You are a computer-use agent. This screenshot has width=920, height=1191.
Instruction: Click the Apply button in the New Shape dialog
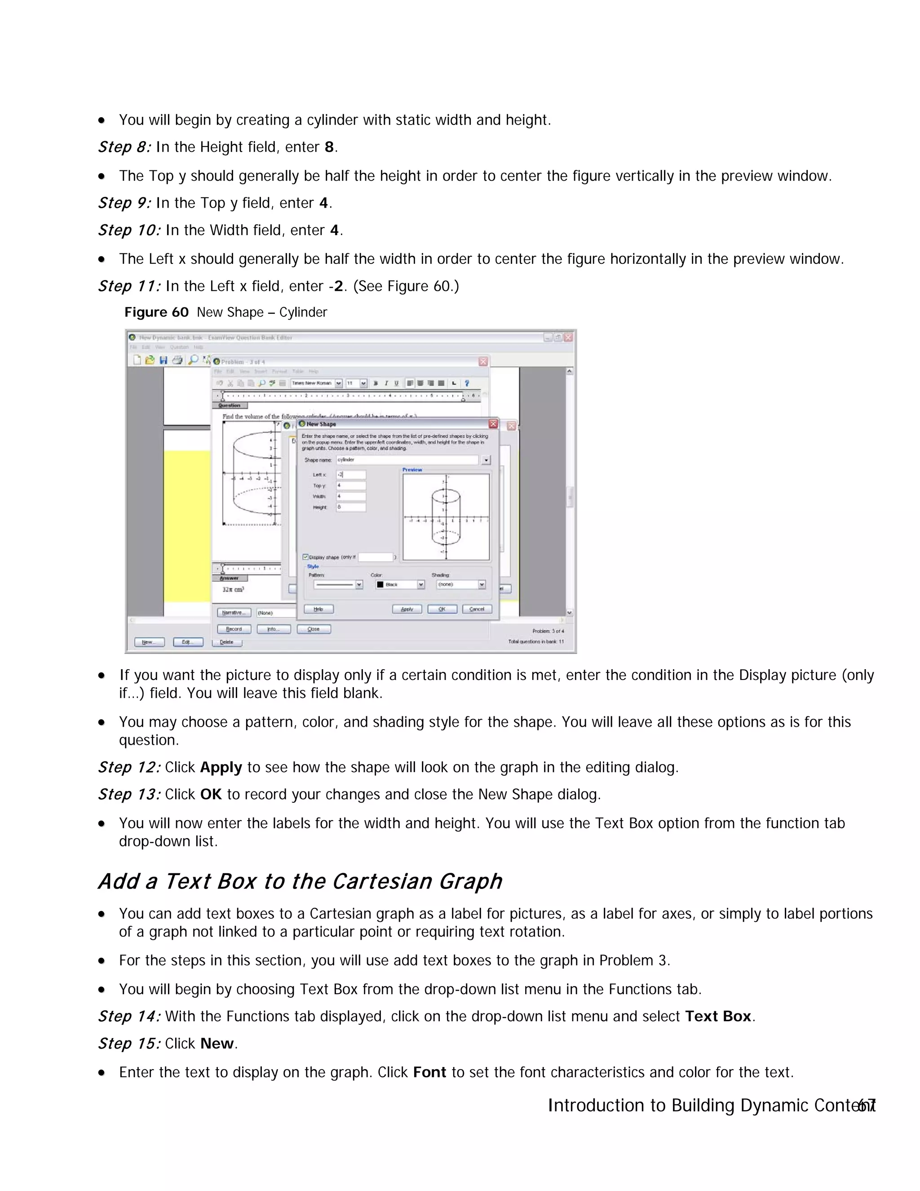(407, 609)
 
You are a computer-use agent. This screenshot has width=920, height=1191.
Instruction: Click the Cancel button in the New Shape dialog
(477, 609)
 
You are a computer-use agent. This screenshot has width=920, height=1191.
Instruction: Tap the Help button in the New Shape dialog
(319, 609)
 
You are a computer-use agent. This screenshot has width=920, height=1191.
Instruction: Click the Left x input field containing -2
(351, 475)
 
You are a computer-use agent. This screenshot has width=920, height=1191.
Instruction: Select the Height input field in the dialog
(351, 507)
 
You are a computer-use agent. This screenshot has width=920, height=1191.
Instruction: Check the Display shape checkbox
(306, 557)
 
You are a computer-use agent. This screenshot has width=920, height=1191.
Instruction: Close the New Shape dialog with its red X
(493, 424)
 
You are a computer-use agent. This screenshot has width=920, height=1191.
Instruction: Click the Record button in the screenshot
(234, 629)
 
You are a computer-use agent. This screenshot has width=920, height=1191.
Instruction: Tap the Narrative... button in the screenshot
(234, 613)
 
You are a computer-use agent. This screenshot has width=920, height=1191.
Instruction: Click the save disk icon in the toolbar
(163, 360)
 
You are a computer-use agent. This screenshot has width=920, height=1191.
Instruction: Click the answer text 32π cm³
(233, 590)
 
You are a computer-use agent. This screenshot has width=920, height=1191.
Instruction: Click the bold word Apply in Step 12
(221, 767)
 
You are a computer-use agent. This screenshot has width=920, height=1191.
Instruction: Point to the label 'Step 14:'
(129, 1017)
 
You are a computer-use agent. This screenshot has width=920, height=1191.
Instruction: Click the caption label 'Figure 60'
(156, 312)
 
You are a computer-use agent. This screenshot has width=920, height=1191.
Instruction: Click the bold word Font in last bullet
(429, 1073)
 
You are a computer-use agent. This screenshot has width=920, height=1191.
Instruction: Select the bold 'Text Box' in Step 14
(718, 1017)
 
